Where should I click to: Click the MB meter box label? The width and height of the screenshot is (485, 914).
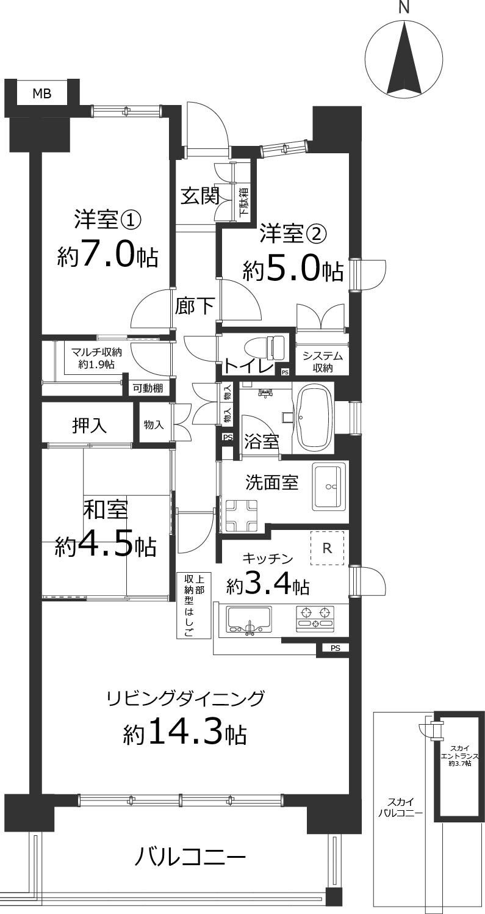42,94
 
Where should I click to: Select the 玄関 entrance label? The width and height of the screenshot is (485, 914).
200,196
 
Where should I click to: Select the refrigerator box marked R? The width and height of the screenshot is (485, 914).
327,548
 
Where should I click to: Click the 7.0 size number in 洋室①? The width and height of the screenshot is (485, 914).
115,255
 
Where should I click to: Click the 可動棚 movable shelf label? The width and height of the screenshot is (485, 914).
148,388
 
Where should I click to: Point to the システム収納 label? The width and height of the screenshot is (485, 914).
322,361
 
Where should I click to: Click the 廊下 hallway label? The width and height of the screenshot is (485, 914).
195,306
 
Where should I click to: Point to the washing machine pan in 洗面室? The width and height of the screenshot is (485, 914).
241,515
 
